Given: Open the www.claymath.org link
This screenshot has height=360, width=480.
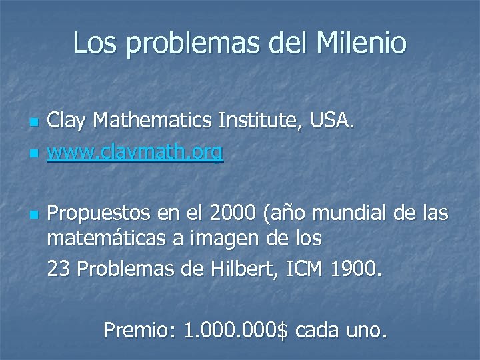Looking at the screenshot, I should click(135, 154).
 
